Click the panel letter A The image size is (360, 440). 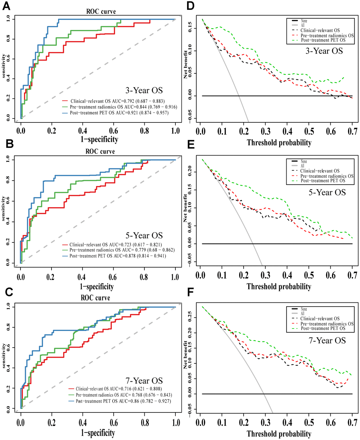click(x=6, y=7)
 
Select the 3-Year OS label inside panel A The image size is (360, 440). click(x=144, y=90)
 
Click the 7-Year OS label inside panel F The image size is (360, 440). click(x=327, y=340)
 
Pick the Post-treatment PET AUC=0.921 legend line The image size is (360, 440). click(x=119, y=113)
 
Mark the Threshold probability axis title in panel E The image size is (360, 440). click(x=279, y=286)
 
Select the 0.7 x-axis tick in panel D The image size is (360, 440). click(x=352, y=131)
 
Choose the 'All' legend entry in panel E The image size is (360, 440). click(x=302, y=166)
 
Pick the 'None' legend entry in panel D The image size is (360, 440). click(x=304, y=21)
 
